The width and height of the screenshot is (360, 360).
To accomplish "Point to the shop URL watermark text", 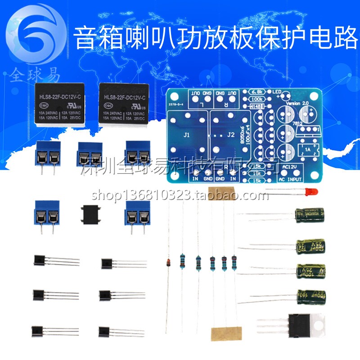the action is click(180, 196).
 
